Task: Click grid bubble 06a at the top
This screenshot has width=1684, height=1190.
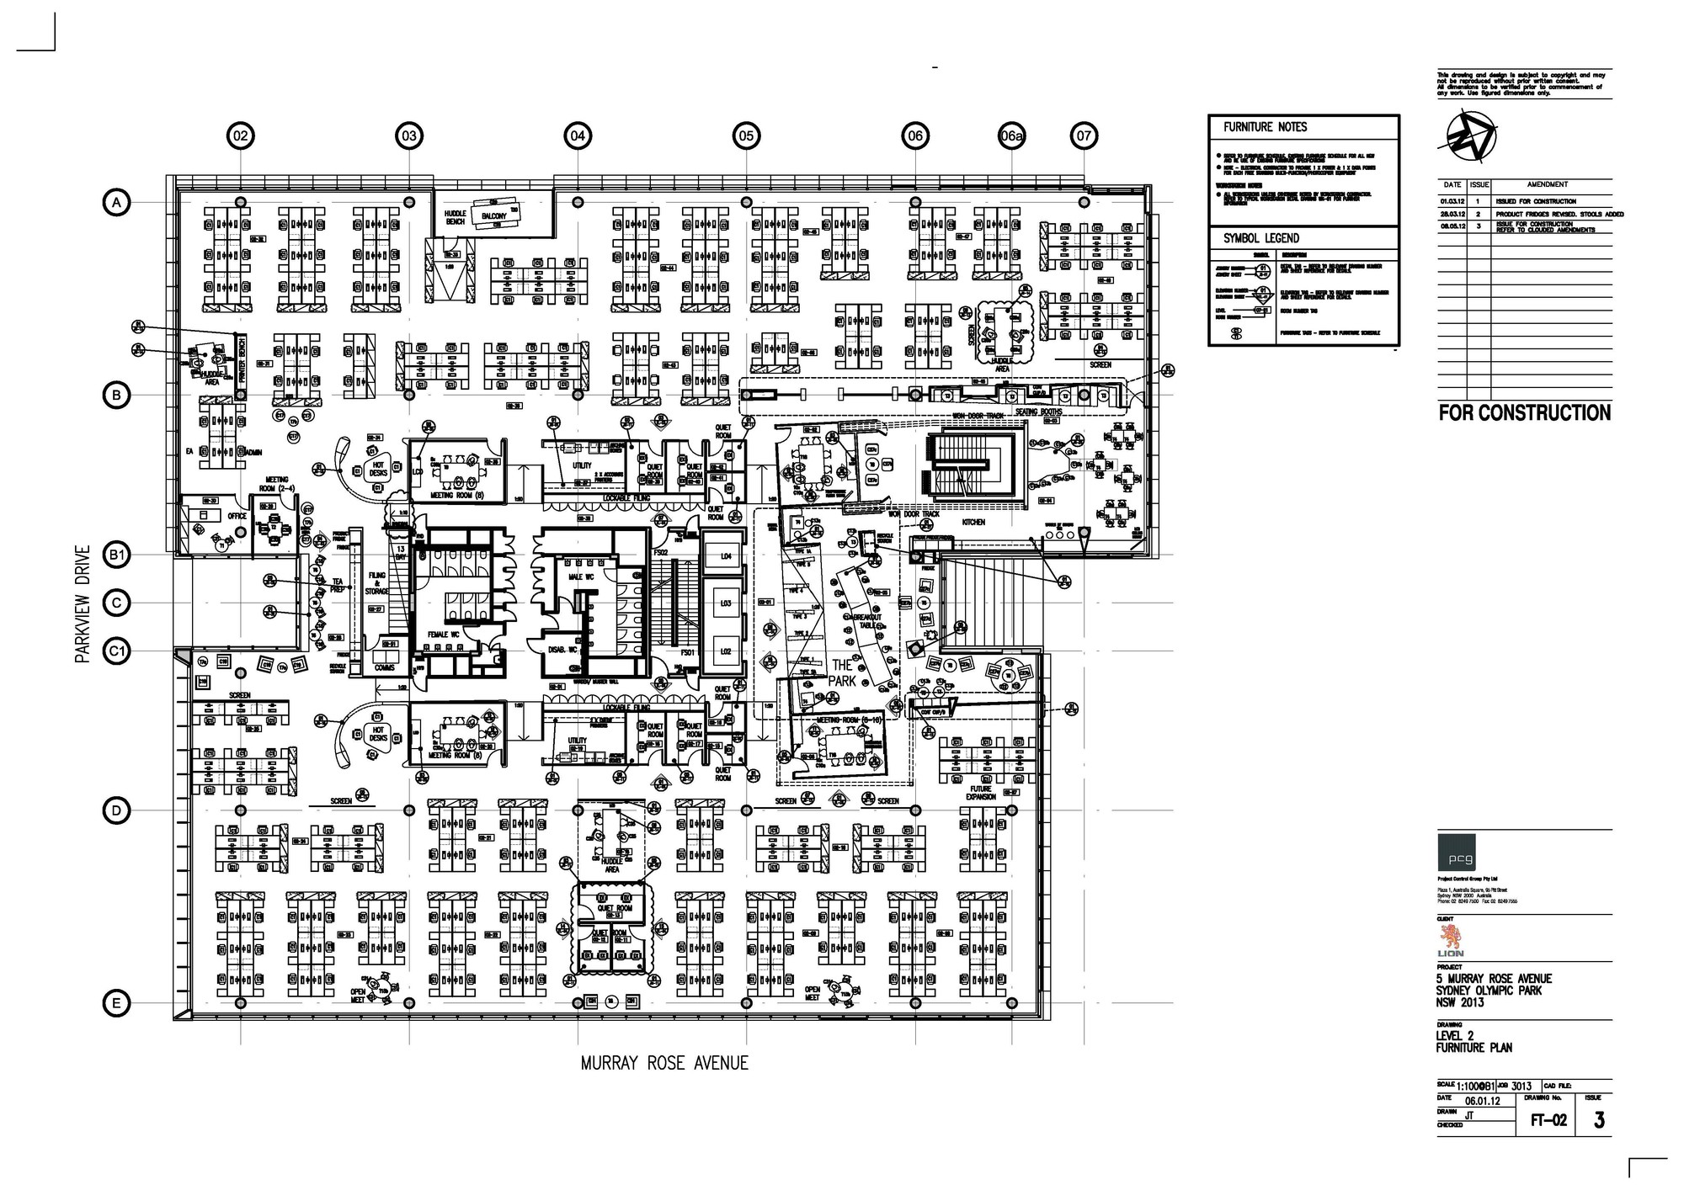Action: (1011, 135)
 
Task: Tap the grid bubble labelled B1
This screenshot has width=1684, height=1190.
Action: (117, 555)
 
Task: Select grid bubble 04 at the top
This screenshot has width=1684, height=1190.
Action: (578, 135)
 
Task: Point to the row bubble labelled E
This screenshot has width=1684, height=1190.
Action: (117, 1003)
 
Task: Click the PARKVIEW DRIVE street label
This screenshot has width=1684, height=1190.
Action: (83, 604)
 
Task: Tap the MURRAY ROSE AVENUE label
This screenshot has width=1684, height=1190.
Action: (664, 1064)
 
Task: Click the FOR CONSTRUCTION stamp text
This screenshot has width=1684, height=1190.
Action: (1525, 413)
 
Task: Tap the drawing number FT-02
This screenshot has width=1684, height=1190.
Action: (1548, 1120)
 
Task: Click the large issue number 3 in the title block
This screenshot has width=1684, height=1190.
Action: (1598, 1120)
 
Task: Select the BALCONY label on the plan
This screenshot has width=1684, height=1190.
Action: (494, 216)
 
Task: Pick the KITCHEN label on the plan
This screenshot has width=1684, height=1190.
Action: (973, 523)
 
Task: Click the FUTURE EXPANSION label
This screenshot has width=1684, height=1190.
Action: (980, 793)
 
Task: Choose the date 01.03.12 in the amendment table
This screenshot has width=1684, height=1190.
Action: (1452, 201)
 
